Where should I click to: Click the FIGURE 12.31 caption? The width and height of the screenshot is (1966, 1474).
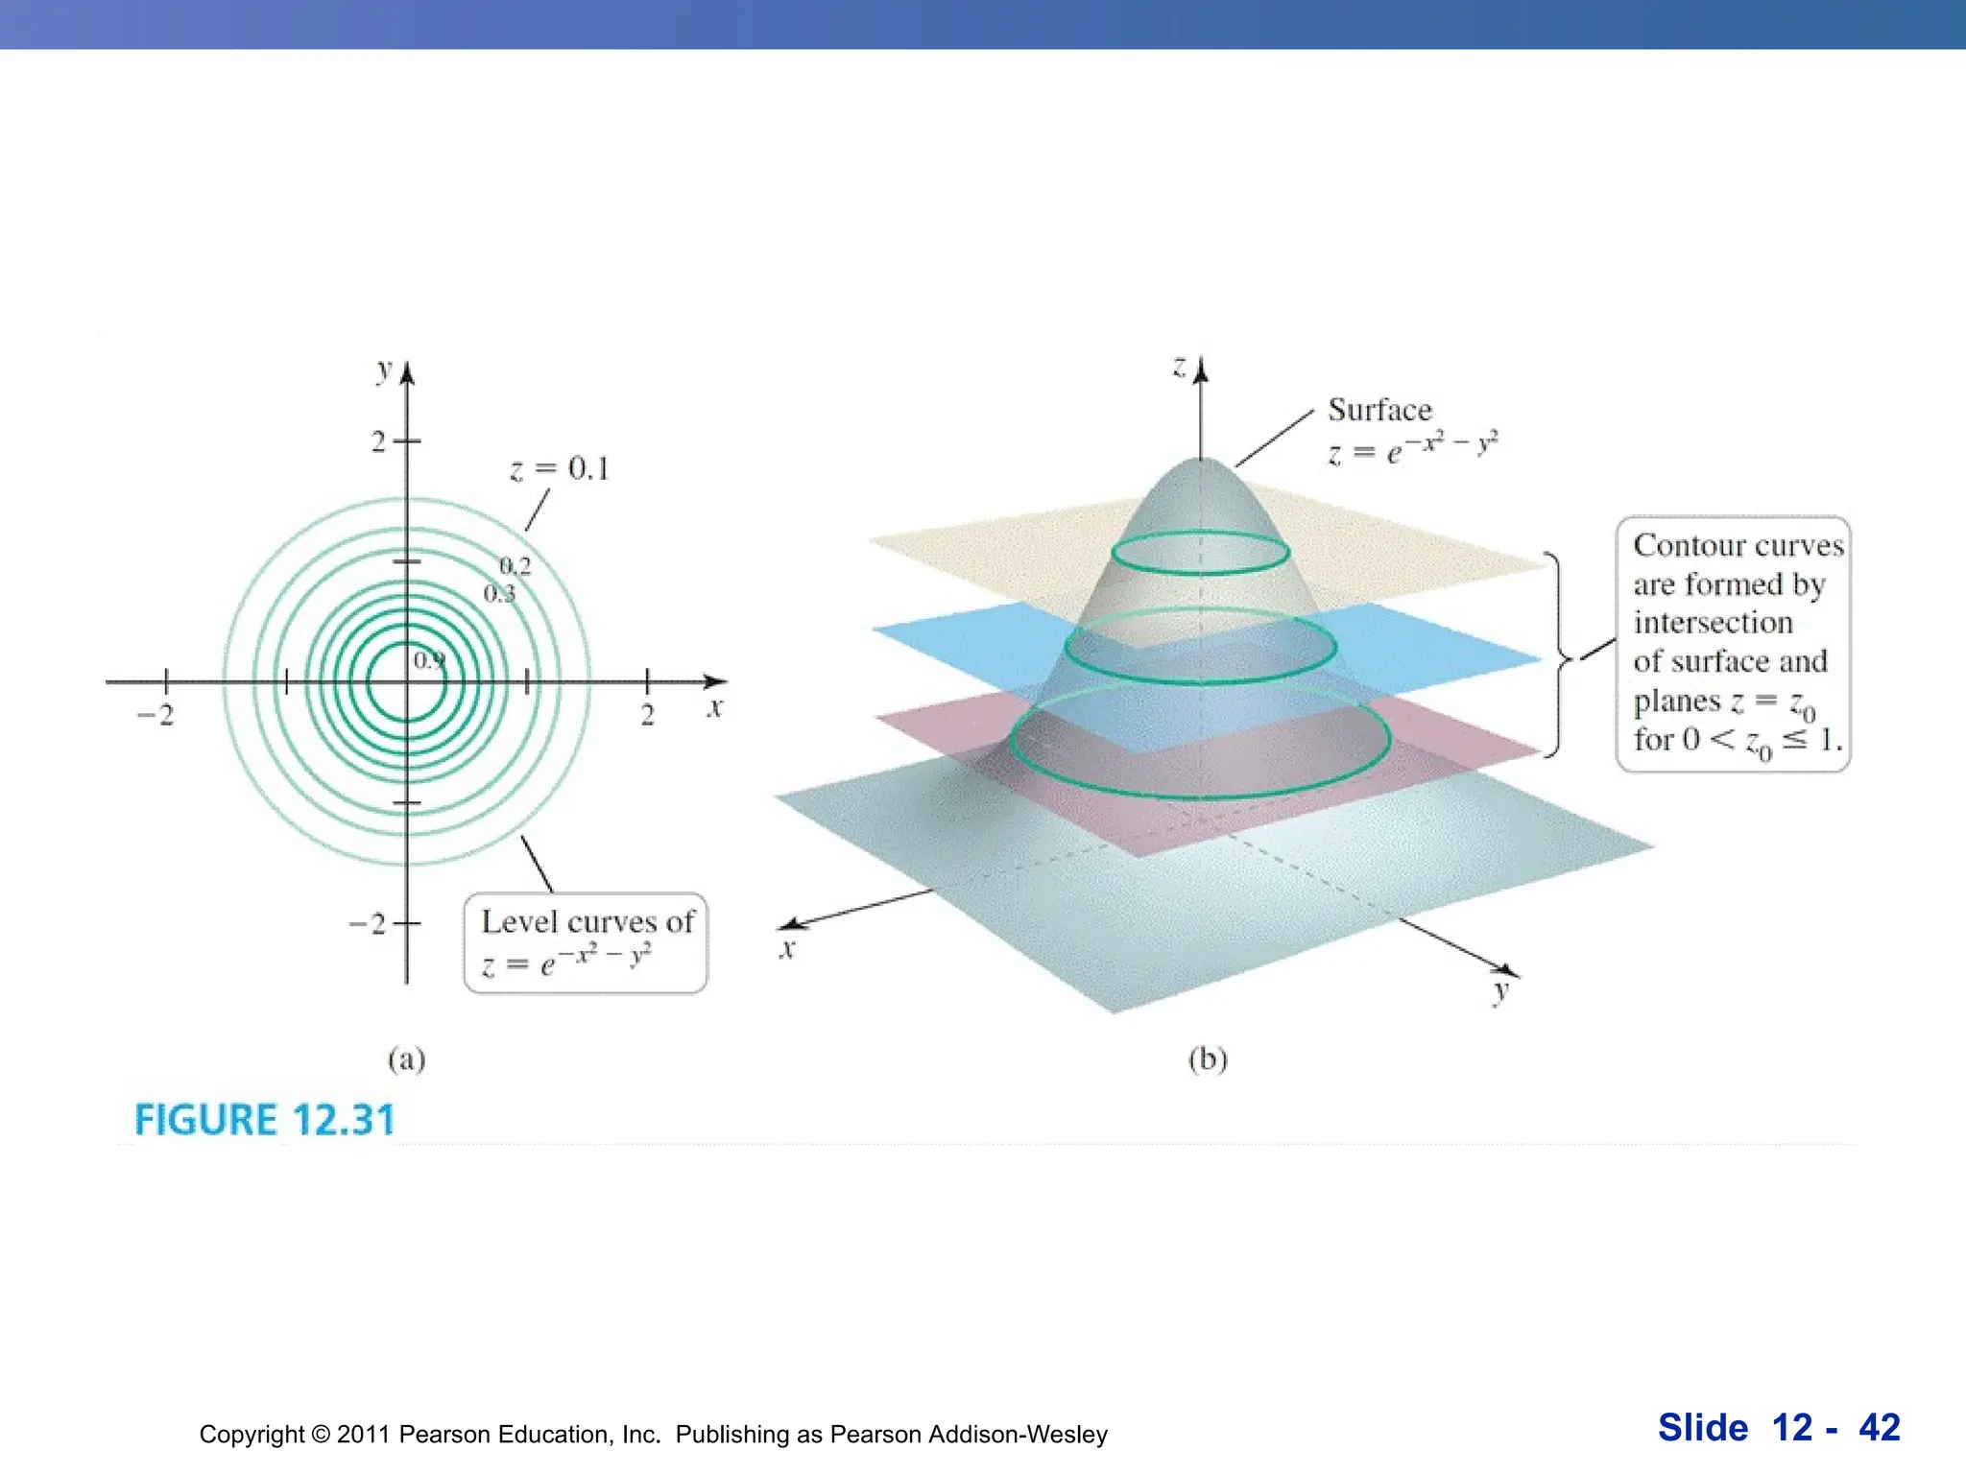coord(264,1120)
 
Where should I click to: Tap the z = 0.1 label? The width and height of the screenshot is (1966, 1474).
coord(560,469)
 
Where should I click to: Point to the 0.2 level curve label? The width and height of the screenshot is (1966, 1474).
coord(515,566)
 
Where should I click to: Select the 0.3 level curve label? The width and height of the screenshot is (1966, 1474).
coord(499,594)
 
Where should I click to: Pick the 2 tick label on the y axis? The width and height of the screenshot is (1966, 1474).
coord(379,441)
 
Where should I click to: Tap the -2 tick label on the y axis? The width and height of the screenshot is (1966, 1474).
coord(368,924)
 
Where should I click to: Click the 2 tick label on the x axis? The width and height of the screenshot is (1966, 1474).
coord(648,715)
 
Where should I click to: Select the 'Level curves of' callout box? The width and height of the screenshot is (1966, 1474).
coord(586,943)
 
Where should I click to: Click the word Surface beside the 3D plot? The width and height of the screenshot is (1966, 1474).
coord(1379,411)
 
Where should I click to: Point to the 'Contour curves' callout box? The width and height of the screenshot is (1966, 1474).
coord(1733,643)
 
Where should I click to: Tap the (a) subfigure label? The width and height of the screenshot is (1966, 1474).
coord(406,1058)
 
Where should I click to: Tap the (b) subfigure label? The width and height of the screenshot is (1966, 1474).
coord(1208,1058)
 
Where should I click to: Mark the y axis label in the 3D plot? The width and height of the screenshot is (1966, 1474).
coord(1500,991)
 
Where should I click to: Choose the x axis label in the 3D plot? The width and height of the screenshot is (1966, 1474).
coord(787,950)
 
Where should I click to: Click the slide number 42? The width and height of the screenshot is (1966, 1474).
coord(1879,1428)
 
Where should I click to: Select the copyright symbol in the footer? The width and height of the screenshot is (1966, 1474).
coord(320,1435)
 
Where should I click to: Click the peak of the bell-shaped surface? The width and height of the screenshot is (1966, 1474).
coord(1200,461)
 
